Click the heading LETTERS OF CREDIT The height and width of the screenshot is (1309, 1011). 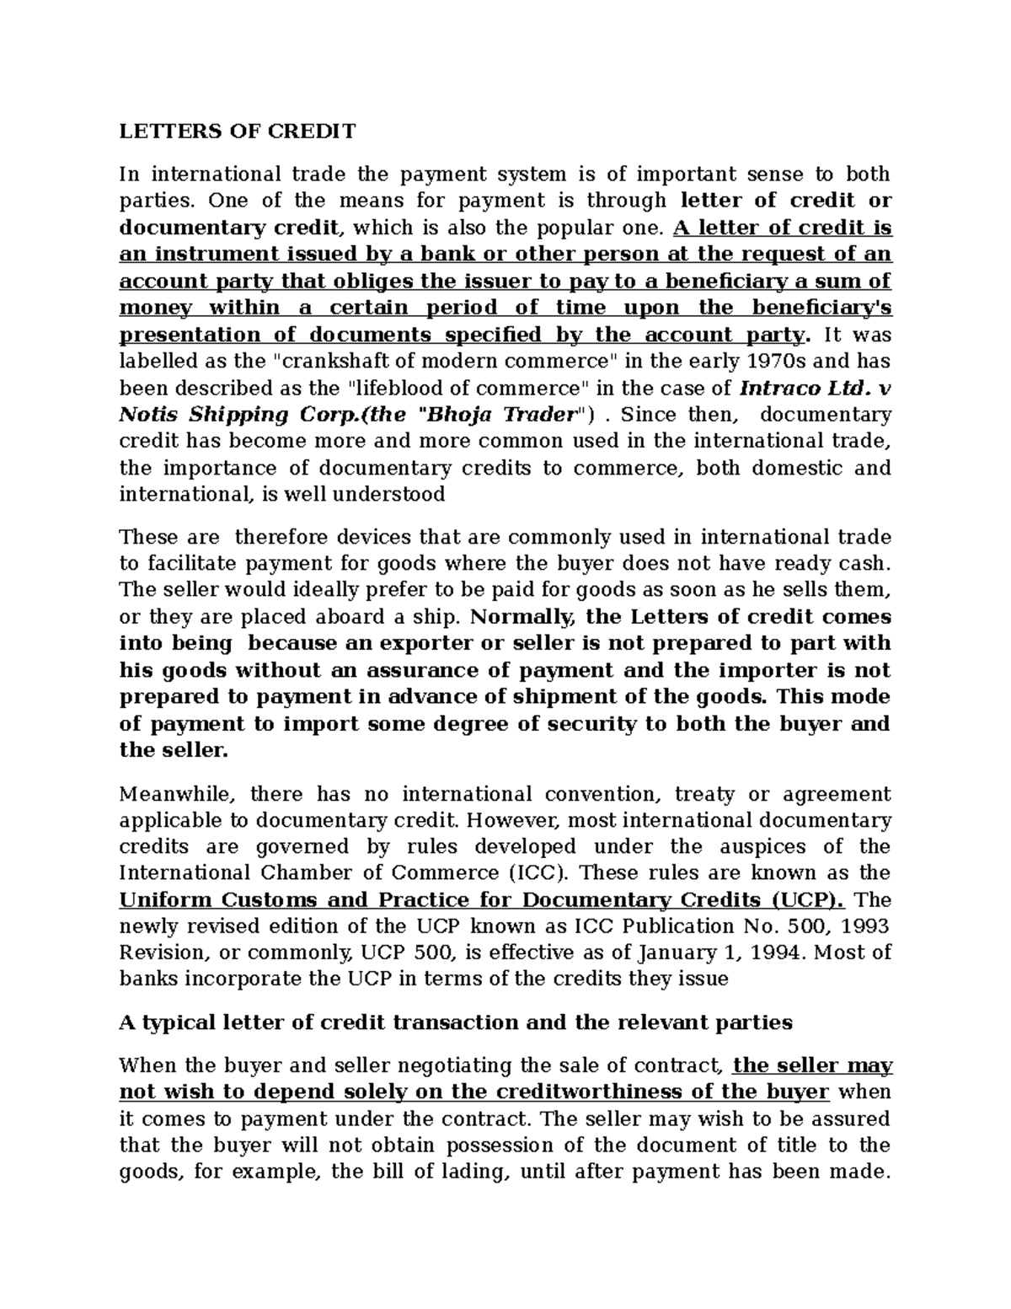point(238,131)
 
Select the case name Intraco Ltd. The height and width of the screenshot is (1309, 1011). point(805,389)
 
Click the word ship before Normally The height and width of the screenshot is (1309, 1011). point(437,616)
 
